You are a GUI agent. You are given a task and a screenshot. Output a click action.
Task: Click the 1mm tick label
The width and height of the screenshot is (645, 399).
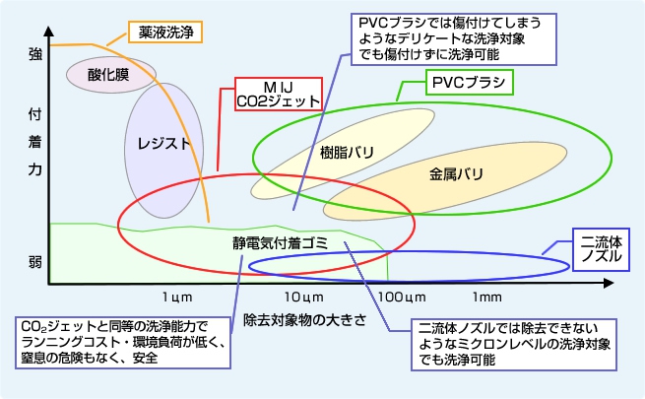pos(487,296)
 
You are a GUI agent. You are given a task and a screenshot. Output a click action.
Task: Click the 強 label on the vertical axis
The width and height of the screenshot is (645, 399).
pos(34,57)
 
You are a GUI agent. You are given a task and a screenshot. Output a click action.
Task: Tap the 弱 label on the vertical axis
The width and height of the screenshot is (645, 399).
pos(34,261)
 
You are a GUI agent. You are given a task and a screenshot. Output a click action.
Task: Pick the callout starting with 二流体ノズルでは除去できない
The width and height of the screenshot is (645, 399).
pos(520,342)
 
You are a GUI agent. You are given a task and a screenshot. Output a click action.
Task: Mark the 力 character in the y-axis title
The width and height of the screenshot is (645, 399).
pos(34,169)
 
